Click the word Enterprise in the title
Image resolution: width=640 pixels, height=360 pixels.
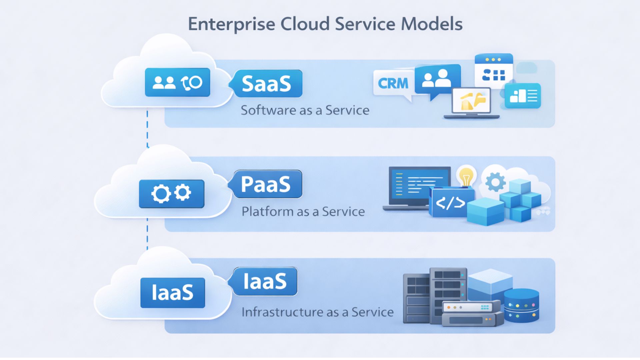click(231, 24)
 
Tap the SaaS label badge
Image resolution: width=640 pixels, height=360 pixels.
click(267, 83)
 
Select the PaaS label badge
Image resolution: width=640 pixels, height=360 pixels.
click(267, 184)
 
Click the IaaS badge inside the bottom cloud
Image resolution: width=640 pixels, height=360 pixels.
click(172, 293)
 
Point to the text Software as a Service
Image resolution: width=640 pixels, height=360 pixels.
click(305, 110)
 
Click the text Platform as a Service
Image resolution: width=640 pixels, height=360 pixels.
click(303, 211)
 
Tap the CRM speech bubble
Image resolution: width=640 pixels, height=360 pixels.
click(393, 83)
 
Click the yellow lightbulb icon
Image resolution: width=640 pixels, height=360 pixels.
click(466, 176)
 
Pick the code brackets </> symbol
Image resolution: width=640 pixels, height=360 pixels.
click(450, 203)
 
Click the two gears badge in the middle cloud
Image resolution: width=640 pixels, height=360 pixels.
click(171, 193)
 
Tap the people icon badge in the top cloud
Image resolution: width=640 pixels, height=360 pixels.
click(177, 82)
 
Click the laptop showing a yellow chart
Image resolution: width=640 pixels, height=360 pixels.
click(471, 102)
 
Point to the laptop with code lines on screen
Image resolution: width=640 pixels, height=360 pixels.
click(417, 187)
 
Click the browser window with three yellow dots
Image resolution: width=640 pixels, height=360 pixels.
click(493, 71)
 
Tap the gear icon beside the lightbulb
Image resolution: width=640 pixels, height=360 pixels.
click(495, 182)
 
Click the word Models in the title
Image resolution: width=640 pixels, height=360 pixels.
click(431, 24)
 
